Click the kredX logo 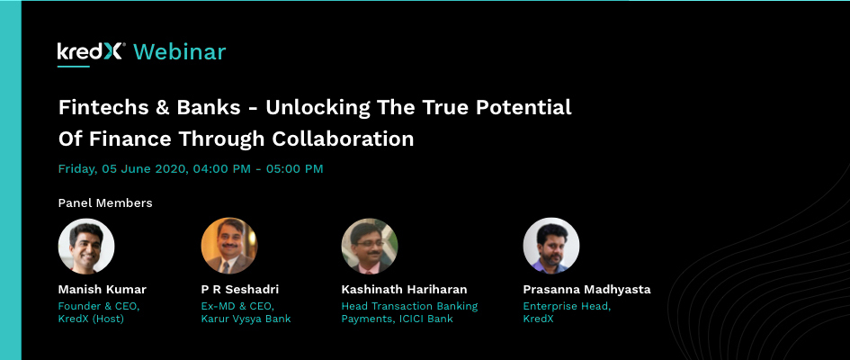92,52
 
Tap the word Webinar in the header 179,52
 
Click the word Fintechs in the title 103,107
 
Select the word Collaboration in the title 343,139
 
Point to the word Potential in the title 523,107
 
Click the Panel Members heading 105,202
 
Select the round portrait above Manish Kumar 86,246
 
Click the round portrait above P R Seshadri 229,246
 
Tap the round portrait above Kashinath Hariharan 370,246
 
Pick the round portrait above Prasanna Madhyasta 551,246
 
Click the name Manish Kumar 102,290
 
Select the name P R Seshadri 239,290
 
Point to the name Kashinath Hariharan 404,290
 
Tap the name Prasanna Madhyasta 586,290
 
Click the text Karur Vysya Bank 246,319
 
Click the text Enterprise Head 567,306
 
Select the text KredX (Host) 91,319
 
